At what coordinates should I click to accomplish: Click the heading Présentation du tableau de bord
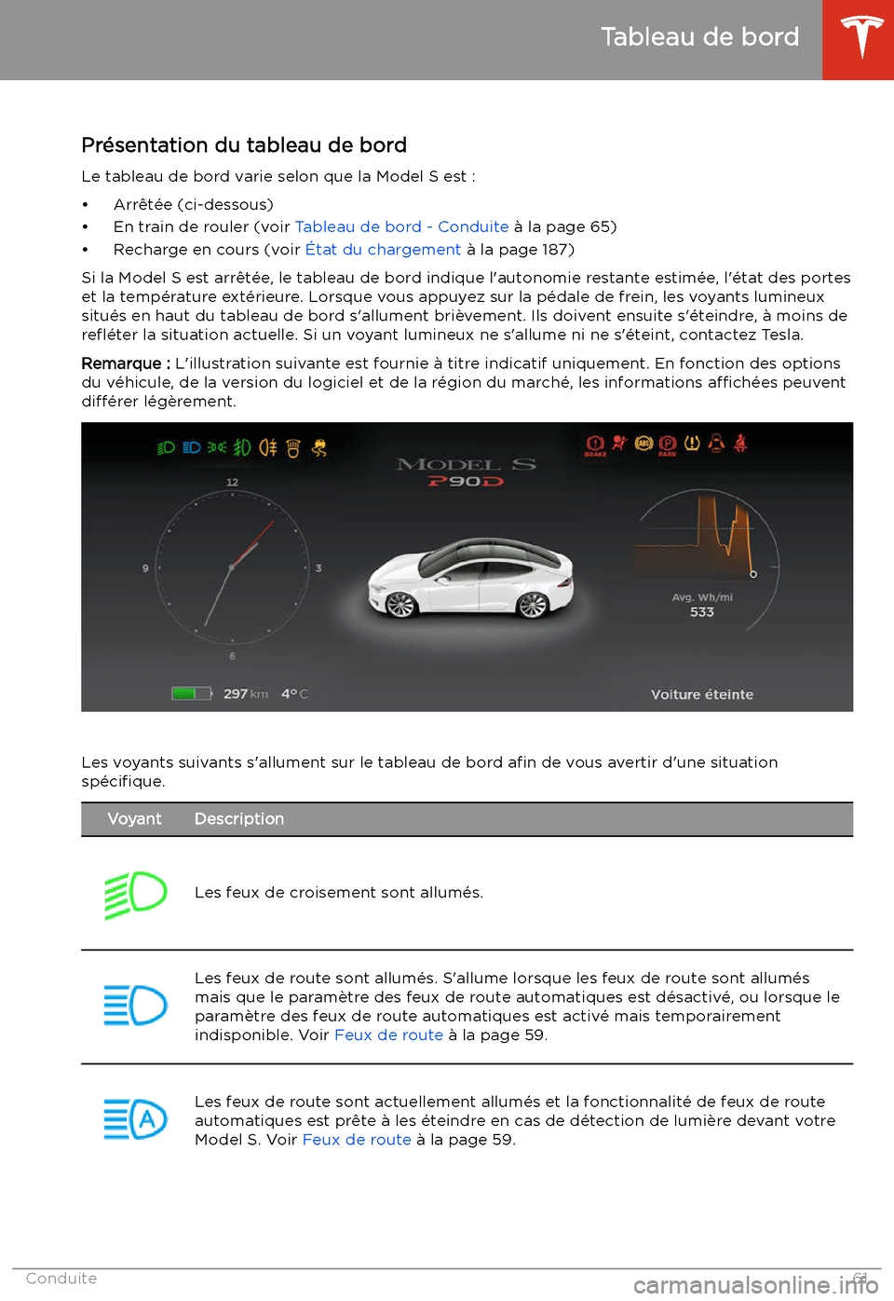(x=244, y=145)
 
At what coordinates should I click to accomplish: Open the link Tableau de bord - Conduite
(x=401, y=226)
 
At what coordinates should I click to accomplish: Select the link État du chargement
(x=383, y=250)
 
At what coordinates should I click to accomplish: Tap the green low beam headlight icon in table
(x=135, y=895)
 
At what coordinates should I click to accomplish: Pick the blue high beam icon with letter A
(x=135, y=1119)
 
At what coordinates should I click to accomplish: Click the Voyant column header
(x=134, y=819)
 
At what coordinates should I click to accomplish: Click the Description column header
(x=239, y=819)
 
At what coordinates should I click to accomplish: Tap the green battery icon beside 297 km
(x=191, y=693)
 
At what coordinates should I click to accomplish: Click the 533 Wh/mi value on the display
(x=702, y=612)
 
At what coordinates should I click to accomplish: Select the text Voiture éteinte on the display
(x=702, y=694)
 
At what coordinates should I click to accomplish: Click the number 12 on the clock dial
(x=232, y=482)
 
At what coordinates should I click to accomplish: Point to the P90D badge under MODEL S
(x=466, y=481)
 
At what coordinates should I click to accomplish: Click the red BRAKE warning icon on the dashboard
(x=595, y=445)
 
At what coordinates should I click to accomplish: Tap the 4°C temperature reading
(x=294, y=693)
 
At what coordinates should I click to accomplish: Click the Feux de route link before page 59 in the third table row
(x=357, y=1140)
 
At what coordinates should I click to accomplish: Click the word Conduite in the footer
(x=61, y=1279)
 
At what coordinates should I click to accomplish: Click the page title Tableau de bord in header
(x=699, y=37)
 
